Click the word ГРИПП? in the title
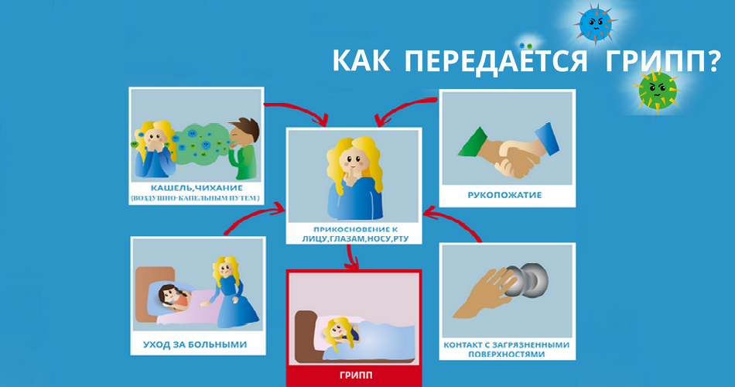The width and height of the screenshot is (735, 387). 662,60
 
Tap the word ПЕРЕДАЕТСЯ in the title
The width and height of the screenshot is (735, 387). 495,61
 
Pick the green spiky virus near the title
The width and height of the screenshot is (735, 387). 657,90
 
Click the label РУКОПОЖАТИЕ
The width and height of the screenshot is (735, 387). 505,195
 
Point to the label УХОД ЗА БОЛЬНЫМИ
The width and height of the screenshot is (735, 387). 195,344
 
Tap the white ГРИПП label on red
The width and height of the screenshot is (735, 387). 356,375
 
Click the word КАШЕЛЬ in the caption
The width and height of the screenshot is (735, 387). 171,188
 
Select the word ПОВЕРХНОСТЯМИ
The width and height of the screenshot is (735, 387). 506,354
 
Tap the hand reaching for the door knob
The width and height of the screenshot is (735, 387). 485,293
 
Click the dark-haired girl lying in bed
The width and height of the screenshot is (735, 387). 174,298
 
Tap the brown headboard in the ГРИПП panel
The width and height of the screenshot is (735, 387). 305,336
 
